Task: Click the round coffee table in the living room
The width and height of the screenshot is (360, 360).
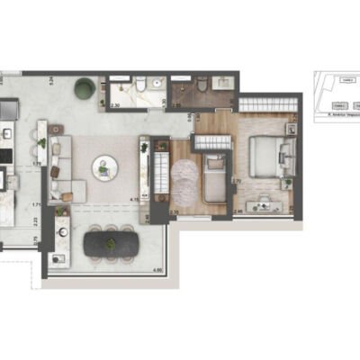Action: pos(106,166)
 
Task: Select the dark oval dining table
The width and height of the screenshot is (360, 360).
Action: pos(112,243)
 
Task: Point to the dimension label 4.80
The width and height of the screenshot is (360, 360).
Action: pos(156,269)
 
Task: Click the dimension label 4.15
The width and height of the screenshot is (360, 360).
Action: pos(133,200)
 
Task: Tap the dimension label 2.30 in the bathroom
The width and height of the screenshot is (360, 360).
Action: pos(115,106)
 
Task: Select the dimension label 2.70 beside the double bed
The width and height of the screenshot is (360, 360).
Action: pos(235,181)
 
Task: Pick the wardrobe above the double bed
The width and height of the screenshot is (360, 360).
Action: pos(265,107)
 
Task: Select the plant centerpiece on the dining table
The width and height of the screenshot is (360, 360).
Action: pos(112,242)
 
